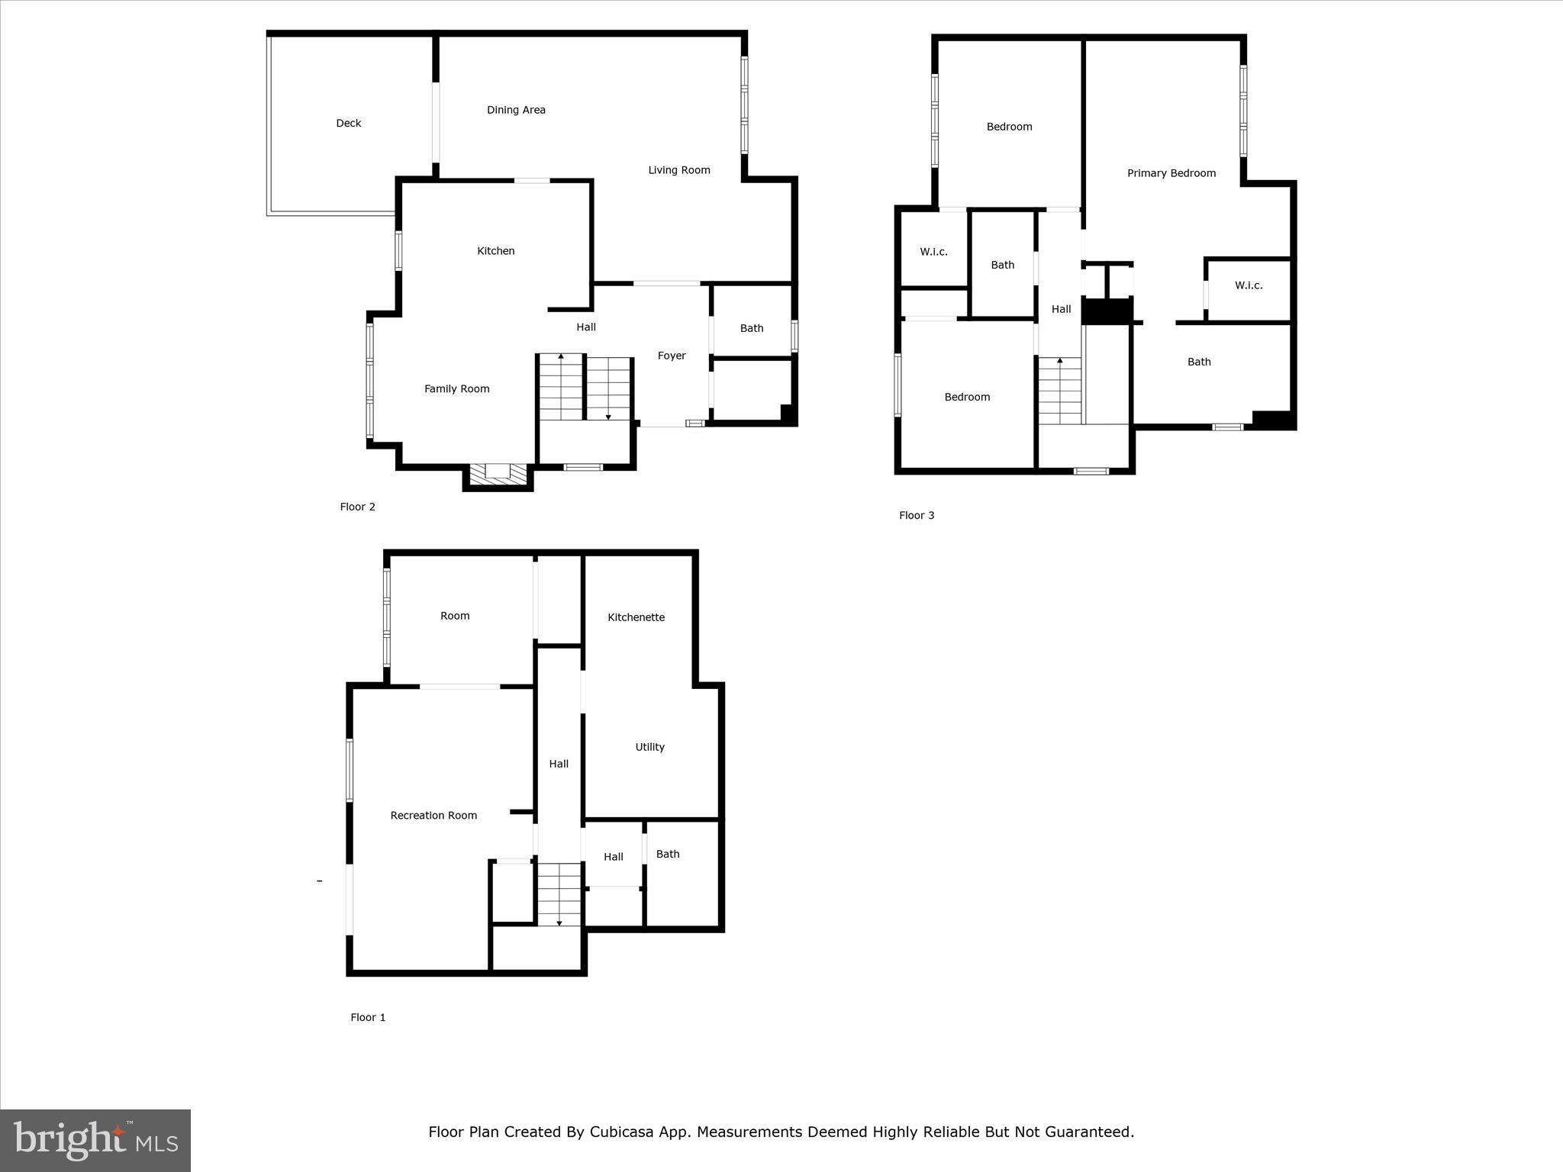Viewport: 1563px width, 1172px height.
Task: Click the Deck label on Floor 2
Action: pos(349,123)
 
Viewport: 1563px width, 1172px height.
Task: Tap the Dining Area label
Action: pos(516,110)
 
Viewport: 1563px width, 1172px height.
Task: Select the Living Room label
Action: pos(679,170)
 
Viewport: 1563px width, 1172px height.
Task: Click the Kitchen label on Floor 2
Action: pos(496,251)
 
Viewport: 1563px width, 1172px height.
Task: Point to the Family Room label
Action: pos(456,389)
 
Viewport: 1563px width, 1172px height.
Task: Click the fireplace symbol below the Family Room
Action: pos(498,473)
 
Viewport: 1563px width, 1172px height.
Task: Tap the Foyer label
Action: pos(672,356)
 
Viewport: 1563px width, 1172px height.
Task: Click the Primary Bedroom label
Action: pos(1171,173)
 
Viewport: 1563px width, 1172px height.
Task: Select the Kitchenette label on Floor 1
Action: pos(636,617)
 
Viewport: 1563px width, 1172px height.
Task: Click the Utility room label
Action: pos(649,747)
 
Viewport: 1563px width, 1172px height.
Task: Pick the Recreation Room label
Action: pos(433,816)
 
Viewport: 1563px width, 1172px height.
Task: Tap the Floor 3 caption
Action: pos(917,516)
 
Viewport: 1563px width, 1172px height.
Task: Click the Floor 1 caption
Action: pos(368,1017)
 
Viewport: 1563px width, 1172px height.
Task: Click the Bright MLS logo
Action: pos(95,1140)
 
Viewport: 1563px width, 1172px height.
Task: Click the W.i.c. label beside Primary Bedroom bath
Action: pos(1249,285)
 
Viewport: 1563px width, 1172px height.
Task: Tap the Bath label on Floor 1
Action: pos(668,854)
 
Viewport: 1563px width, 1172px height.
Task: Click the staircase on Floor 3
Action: pos(1059,391)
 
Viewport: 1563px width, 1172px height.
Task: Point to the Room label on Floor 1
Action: pos(455,616)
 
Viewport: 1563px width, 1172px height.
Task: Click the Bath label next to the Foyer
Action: pos(752,328)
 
